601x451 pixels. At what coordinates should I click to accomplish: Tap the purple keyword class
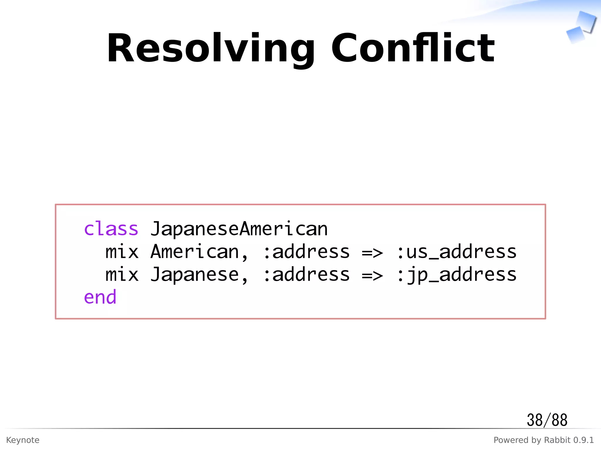pos(111,229)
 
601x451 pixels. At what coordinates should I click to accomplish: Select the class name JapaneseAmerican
pos(239,229)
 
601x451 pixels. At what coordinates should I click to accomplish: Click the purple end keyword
pos(100,297)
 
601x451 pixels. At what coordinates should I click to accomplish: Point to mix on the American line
pos(122,252)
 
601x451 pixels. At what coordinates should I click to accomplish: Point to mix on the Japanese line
pos(122,275)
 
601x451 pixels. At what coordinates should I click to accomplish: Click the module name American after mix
pos(195,252)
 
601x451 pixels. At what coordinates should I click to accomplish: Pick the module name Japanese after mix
pos(195,275)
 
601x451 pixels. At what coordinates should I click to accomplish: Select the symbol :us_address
pos(456,252)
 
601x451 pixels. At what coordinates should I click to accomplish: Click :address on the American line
pos(306,252)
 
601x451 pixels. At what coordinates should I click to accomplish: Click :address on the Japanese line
pos(306,275)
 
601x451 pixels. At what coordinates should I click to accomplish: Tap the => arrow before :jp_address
pos(372,276)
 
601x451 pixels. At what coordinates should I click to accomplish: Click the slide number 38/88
pos(547,420)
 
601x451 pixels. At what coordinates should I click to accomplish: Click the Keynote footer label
pos(23,440)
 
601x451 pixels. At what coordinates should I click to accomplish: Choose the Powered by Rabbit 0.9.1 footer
pos(543,440)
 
